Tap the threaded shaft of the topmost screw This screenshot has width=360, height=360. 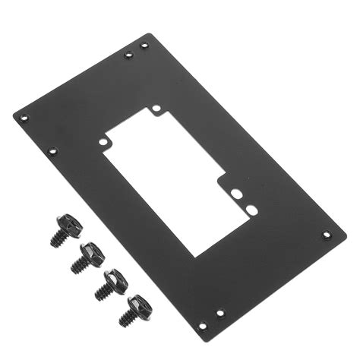coord(58,238)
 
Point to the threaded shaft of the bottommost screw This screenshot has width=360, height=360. coord(125,319)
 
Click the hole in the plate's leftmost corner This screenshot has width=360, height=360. coord(24,118)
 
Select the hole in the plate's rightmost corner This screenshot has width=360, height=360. coord(327,235)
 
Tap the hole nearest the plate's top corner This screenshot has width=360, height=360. coord(145,45)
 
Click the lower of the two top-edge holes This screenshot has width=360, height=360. coord(128,55)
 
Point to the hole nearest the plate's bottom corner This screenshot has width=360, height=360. coord(203,326)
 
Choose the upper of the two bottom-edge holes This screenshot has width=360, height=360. coord(220,313)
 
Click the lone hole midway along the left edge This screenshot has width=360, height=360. coord(52,150)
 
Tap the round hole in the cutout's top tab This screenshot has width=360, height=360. coord(156,109)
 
